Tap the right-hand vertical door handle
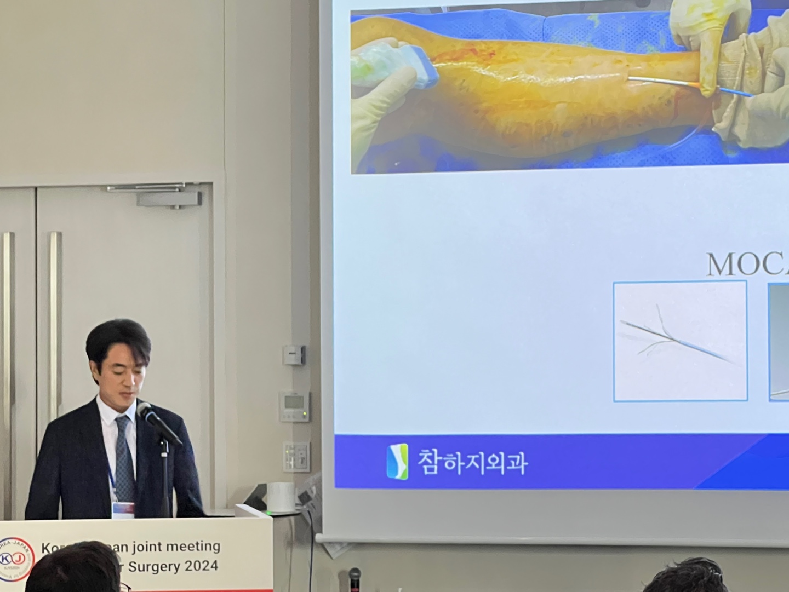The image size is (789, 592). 55,307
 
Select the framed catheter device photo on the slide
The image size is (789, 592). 680,341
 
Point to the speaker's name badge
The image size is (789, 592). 123,509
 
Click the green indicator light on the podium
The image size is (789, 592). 268,513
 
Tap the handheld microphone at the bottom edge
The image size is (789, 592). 355,579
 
